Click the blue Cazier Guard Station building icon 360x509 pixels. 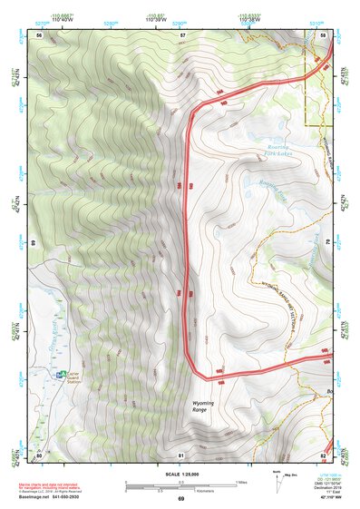(61, 375)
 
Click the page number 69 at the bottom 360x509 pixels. (180, 499)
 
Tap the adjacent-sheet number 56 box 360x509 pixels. (40, 34)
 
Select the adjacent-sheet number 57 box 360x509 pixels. (181, 34)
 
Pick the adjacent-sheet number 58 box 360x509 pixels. (324, 34)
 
